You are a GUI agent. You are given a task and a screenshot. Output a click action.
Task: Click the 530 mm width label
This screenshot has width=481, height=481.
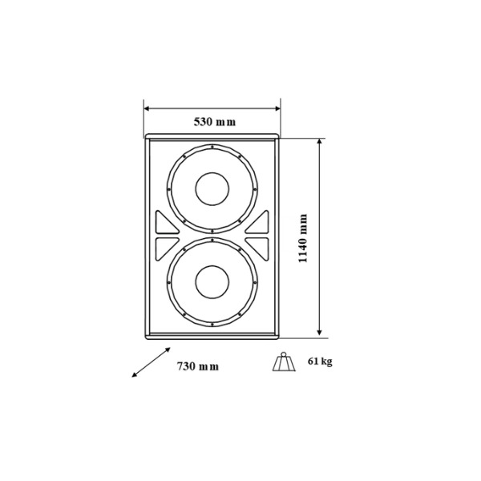(215, 122)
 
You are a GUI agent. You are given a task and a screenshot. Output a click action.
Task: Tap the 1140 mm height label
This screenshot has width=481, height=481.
(302, 238)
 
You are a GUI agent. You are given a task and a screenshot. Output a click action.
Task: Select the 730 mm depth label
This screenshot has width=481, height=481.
(198, 366)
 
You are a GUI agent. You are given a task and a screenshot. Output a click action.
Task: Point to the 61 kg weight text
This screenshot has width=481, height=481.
(320, 362)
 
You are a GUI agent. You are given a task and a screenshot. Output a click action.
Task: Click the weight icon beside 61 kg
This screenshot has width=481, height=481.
(284, 362)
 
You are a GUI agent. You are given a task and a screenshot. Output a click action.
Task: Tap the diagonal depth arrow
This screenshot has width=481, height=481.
(151, 362)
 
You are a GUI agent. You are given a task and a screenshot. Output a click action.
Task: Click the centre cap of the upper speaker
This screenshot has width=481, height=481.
(212, 189)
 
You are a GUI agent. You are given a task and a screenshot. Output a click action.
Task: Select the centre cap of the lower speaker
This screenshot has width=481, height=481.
(212, 282)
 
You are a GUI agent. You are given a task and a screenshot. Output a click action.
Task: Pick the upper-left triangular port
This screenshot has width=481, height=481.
(166, 224)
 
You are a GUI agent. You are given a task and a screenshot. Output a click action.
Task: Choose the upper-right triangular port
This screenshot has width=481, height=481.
(259, 224)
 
